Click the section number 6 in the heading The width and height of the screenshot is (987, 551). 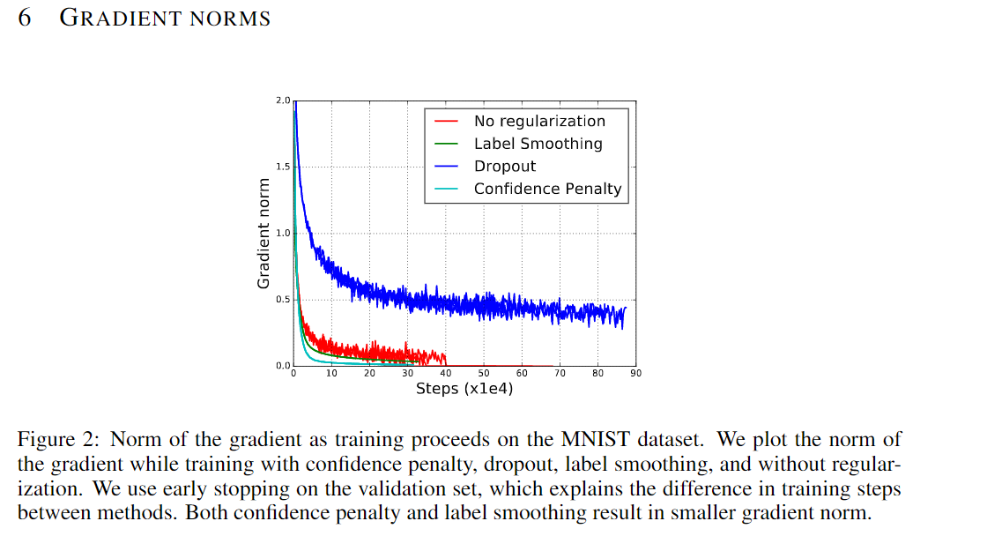point(25,18)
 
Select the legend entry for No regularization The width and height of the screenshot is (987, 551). point(539,122)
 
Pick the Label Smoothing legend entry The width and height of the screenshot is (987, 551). point(538,144)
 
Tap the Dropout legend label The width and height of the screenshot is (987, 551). point(504,166)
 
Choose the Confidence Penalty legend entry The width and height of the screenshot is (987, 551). point(547,189)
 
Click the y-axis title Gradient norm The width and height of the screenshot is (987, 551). point(263,233)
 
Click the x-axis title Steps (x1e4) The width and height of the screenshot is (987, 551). point(464,388)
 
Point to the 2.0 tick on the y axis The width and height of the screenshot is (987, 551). point(282,101)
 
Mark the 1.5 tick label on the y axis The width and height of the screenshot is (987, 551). point(282,168)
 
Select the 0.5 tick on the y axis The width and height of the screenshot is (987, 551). point(282,300)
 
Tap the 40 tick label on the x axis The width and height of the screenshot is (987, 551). point(446,374)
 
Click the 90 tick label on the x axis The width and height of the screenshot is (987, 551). point(635,374)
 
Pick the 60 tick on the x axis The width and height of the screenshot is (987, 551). point(522,374)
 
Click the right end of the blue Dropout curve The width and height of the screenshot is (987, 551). point(626,308)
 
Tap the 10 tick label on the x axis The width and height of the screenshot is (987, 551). point(331,374)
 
